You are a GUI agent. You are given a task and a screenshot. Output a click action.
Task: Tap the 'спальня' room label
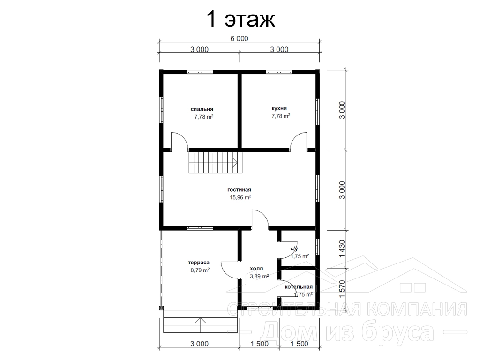tap(202, 109)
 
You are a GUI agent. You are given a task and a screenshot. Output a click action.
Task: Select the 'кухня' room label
tap(279, 108)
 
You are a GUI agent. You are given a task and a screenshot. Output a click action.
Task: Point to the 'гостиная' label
tap(239, 190)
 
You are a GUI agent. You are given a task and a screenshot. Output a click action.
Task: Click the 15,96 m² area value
tap(240, 197)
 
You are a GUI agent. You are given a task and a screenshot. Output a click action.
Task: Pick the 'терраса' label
tap(199, 262)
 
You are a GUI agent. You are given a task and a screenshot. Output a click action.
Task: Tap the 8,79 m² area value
tap(200, 270)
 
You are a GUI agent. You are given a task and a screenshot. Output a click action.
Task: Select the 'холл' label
tap(256, 269)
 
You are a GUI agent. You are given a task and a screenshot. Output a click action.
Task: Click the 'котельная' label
tap(299, 287)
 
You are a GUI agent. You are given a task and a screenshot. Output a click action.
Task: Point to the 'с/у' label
tap(294, 249)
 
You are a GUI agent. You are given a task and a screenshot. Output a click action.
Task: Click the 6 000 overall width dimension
tap(239, 38)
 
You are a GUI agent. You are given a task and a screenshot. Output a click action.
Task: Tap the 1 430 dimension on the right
tap(342, 249)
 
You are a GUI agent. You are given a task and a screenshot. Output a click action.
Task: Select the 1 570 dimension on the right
tap(342, 289)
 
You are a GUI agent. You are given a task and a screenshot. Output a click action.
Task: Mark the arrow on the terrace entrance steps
tap(201, 325)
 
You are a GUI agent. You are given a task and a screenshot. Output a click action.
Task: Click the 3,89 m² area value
tap(259, 276)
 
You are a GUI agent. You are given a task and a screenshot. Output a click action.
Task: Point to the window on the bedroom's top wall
tap(200, 72)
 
